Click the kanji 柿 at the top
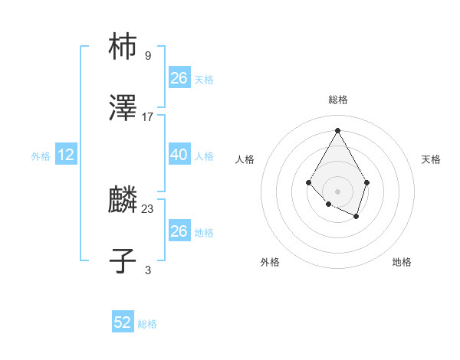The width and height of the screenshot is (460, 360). pyautogui.click(x=123, y=47)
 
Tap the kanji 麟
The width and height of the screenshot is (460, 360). pyautogui.click(x=123, y=200)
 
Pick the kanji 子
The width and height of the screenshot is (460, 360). pyautogui.click(x=123, y=261)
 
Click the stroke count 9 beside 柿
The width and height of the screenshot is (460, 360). pyautogui.click(x=148, y=55)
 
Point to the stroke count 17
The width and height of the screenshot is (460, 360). pyautogui.click(x=148, y=116)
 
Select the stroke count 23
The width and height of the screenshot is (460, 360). pyautogui.click(x=148, y=208)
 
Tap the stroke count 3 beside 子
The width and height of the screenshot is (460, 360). pyautogui.click(x=148, y=270)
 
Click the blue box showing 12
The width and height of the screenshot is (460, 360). pyautogui.click(x=66, y=155)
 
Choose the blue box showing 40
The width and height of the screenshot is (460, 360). pyautogui.click(x=179, y=155)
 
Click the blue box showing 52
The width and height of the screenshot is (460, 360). pyautogui.click(x=123, y=322)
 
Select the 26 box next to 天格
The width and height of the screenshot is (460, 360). pyautogui.click(x=179, y=78)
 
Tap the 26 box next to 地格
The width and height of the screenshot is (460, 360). pyautogui.click(x=179, y=231)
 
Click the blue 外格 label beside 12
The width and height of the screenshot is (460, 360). pyautogui.click(x=41, y=156)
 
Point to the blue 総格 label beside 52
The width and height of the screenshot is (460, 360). pyautogui.click(x=147, y=324)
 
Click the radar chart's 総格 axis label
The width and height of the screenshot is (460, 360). pyautogui.click(x=338, y=100)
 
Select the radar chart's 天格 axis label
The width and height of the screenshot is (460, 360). pyautogui.click(x=431, y=159)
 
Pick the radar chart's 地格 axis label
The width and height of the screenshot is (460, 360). pyautogui.click(x=402, y=262)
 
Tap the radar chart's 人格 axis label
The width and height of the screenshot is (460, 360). pyautogui.click(x=245, y=159)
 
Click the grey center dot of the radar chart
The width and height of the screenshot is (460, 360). pyautogui.click(x=337, y=191)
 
